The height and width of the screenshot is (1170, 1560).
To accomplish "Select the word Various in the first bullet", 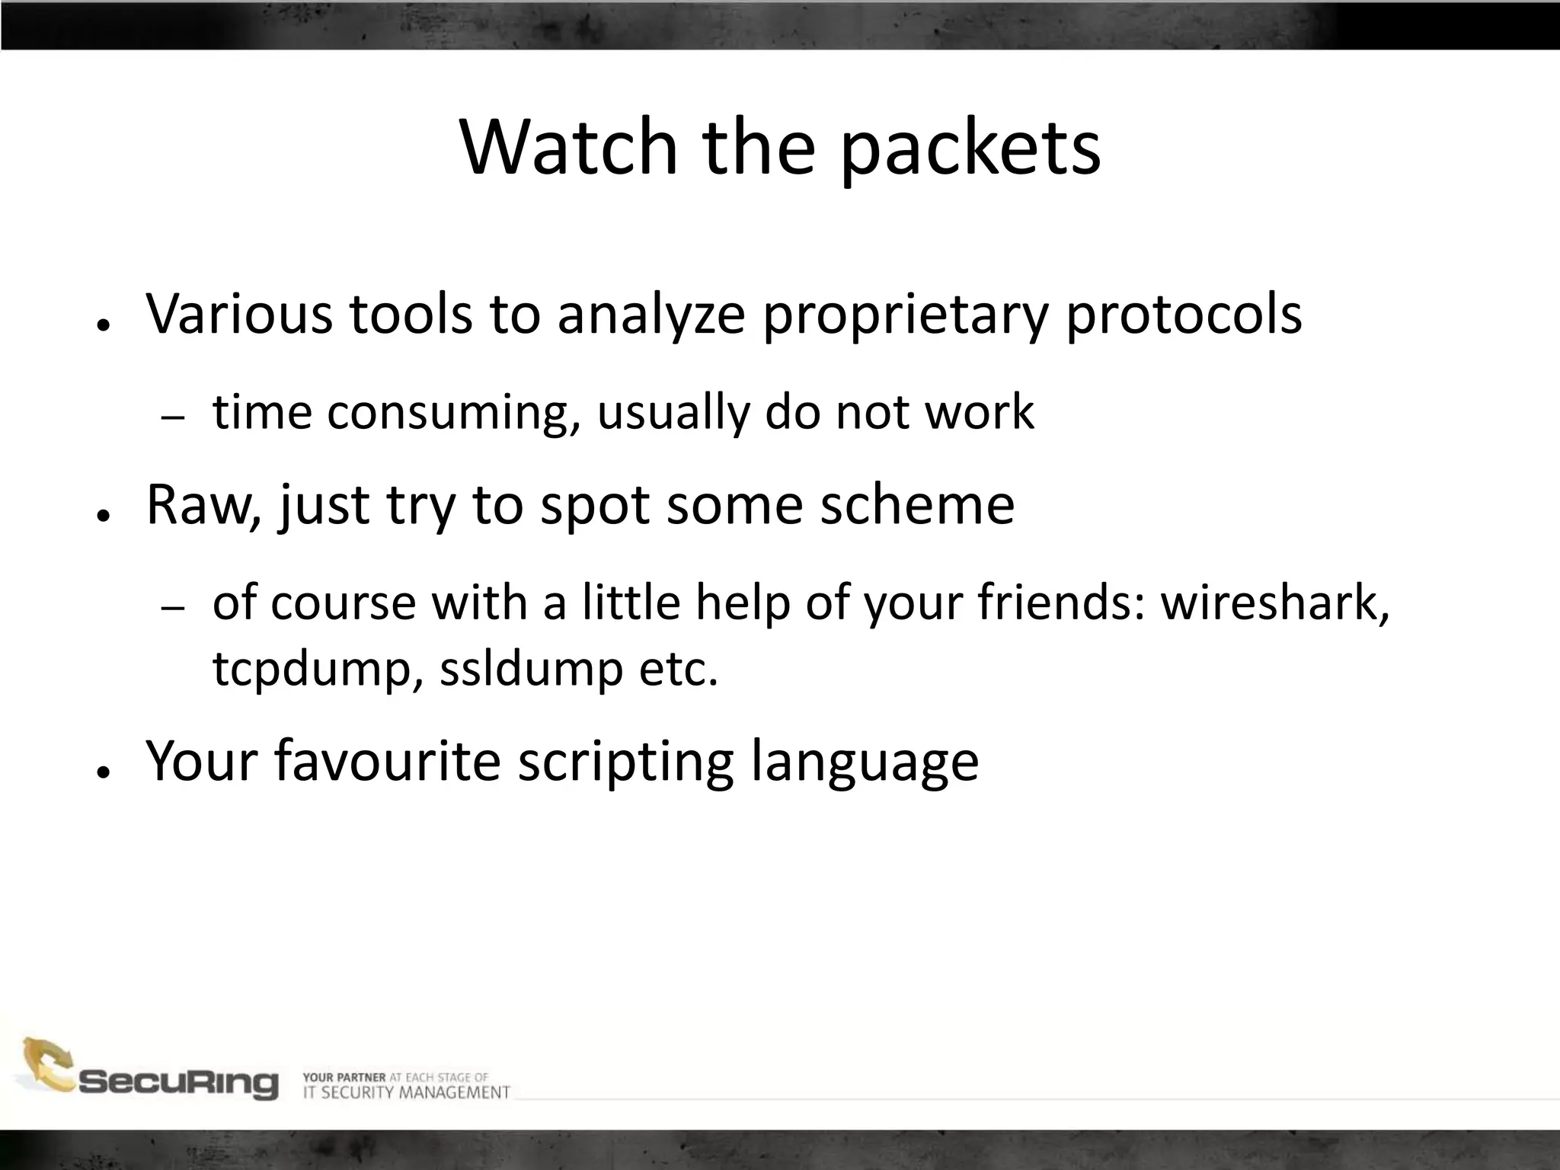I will coord(239,313).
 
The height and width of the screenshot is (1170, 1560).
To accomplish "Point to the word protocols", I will coord(1184,313).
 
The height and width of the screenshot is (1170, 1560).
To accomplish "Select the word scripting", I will coord(625,760).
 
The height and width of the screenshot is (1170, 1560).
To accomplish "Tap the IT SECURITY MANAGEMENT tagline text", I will coord(406,1092).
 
